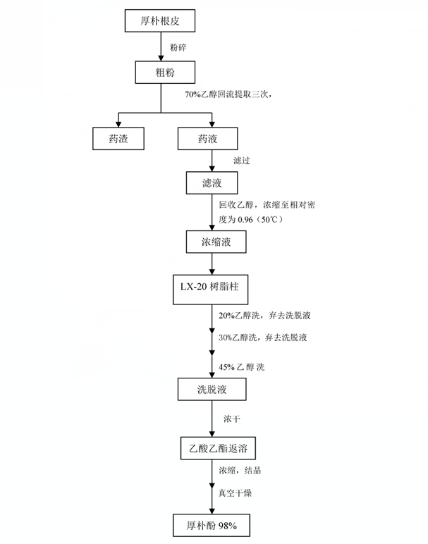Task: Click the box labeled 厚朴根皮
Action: point(159,21)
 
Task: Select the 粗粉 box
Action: point(165,72)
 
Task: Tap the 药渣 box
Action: point(118,138)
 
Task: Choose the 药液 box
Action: point(207,138)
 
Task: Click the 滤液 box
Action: point(212,183)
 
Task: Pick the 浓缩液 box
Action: point(216,242)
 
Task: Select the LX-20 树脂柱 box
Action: point(210,290)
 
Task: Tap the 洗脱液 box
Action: point(212,389)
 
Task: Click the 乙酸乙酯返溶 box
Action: point(218,448)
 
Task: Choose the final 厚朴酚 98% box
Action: point(212,525)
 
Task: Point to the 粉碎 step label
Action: point(178,47)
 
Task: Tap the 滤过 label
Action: point(242,160)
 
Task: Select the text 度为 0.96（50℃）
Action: point(250,219)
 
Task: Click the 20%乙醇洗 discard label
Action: point(264,316)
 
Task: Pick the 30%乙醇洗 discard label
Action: point(263,338)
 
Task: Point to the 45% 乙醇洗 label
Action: point(242,366)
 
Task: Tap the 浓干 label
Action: point(232,419)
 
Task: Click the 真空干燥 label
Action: point(235,493)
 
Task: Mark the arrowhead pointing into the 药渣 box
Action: point(118,124)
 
